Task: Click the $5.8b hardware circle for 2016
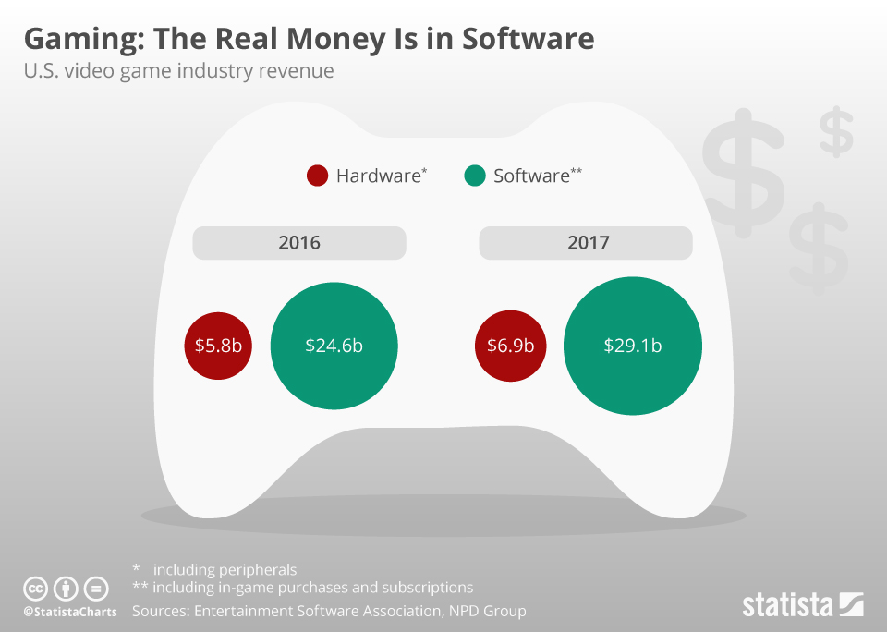(218, 346)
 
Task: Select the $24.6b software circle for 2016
(334, 346)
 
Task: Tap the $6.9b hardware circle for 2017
(511, 346)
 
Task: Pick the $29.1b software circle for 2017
(632, 346)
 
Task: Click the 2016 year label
(298, 243)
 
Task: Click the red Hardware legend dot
(317, 176)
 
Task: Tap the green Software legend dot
(474, 176)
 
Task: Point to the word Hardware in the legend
(378, 176)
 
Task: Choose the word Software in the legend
(531, 176)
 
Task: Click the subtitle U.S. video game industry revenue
(178, 71)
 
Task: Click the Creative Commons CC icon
(35, 589)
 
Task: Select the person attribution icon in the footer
(66, 589)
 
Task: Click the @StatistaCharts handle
(69, 612)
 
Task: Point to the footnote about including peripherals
(225, 569)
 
